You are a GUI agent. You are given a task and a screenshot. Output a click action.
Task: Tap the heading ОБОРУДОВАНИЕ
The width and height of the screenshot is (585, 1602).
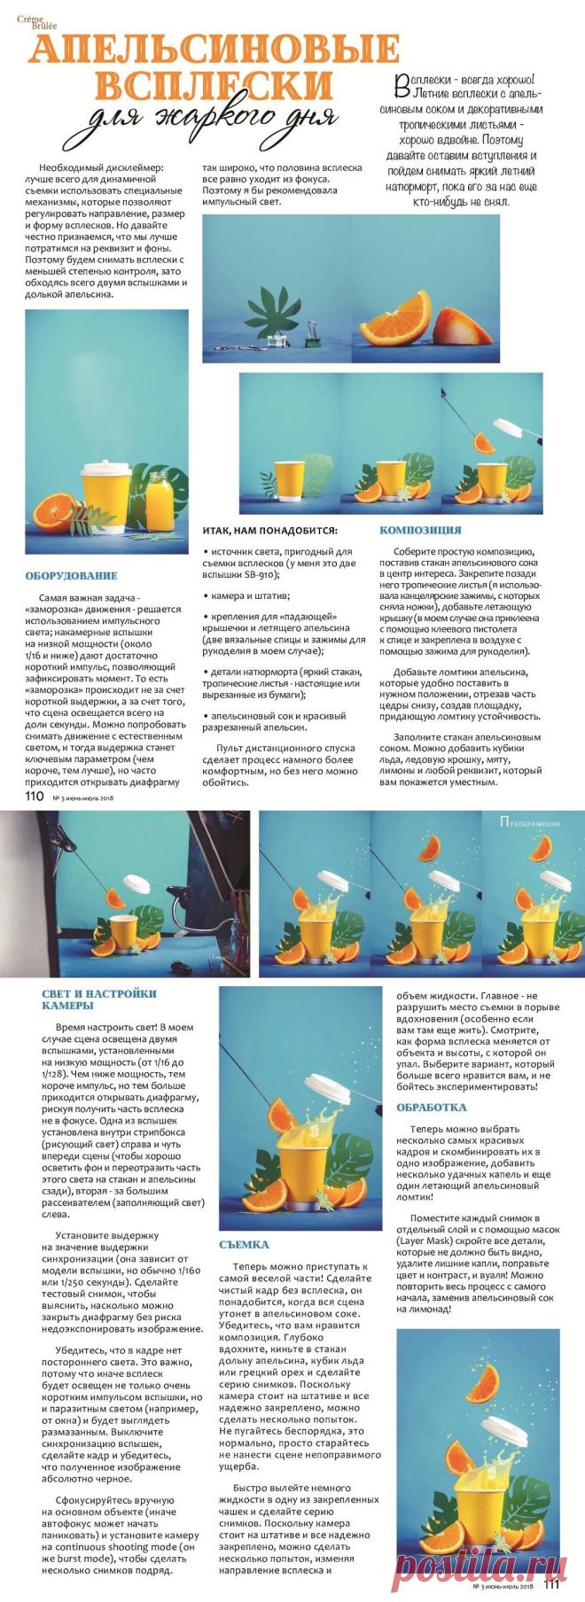[x=71, y=576]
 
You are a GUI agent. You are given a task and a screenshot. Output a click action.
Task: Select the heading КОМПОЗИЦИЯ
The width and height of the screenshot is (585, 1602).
[x=420, y=530]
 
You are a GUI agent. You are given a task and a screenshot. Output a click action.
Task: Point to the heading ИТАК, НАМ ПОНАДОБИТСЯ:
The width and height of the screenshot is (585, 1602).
[x=269, y=531]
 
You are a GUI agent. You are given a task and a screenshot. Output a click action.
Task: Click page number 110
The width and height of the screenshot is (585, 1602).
[x=35, y=796]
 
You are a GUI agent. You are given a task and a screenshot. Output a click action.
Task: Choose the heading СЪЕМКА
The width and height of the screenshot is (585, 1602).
[x=244, y=1245]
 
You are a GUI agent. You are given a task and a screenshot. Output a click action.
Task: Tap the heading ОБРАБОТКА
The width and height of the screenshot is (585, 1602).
[x=432, y=1107]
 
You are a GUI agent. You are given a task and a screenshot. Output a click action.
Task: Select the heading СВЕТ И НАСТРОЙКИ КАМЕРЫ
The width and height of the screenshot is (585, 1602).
[x=99, y=999]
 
